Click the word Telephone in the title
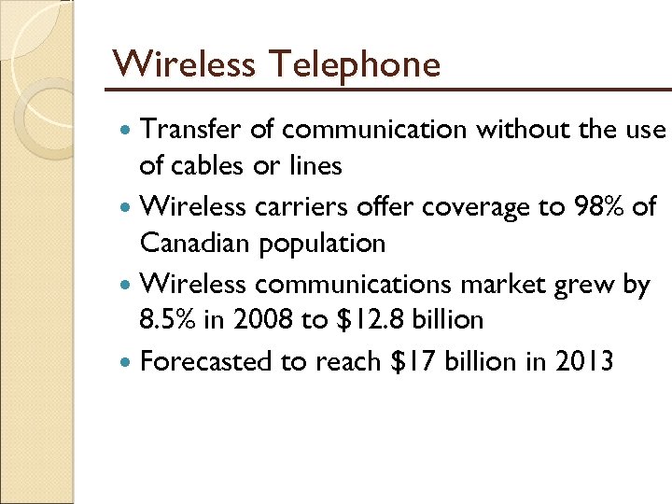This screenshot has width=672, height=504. point(356,64)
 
